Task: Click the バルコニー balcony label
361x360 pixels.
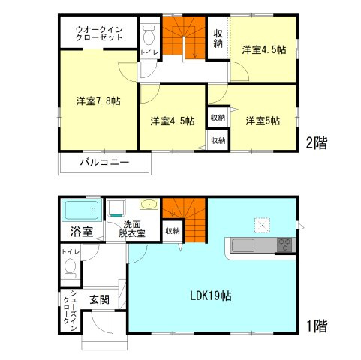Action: point(104,163)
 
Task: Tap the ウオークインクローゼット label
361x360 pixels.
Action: point(99,34)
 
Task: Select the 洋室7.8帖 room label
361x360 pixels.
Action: point(98,100)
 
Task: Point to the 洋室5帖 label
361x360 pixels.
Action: point(263,121)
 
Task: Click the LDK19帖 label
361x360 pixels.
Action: point(211,296)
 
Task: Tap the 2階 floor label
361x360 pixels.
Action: point(317,143)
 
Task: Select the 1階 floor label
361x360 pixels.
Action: point(317,326)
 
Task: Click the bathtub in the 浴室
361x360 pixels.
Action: point(82,210)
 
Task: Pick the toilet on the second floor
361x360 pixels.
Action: point(149,37)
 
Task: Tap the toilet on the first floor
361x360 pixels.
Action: point(71,268)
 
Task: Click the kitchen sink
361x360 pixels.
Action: point(242,245)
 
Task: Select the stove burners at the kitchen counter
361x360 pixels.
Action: point(284,244)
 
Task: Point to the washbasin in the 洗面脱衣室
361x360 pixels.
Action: point(149,205)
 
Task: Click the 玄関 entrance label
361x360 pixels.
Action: point(99,299)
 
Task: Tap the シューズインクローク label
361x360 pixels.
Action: point(70,310)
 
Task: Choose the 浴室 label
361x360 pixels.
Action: point(82,232)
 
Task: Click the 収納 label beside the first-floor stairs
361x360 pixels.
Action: point(173,231)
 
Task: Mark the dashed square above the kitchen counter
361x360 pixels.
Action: point(262,226)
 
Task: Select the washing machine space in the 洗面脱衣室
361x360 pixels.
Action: point(116,208)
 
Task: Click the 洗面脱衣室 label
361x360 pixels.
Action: point(132,229)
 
